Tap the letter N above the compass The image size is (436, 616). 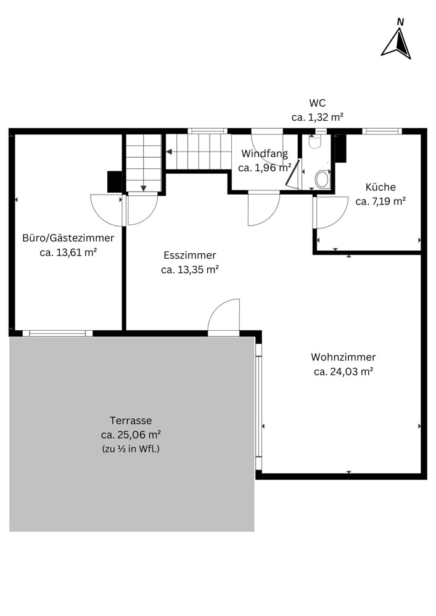(400, 22)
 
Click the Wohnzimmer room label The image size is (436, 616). (343, 357)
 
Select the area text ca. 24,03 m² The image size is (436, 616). (343, 371)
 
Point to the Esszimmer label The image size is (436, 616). (190, 255)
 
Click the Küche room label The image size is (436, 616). (380, 187)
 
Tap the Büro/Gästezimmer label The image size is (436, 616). (68, 238)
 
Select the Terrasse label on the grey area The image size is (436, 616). (131, 420)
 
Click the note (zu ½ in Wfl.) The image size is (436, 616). (131, 448)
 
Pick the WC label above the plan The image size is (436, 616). (317, 103)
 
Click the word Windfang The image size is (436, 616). (265, 153)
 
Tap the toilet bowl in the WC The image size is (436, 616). (322, 179)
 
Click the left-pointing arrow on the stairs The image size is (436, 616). (170, 152)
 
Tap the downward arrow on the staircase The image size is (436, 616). (144, 188)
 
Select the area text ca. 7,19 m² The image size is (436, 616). (380, 201)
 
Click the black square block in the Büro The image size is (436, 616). (115, 182)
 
